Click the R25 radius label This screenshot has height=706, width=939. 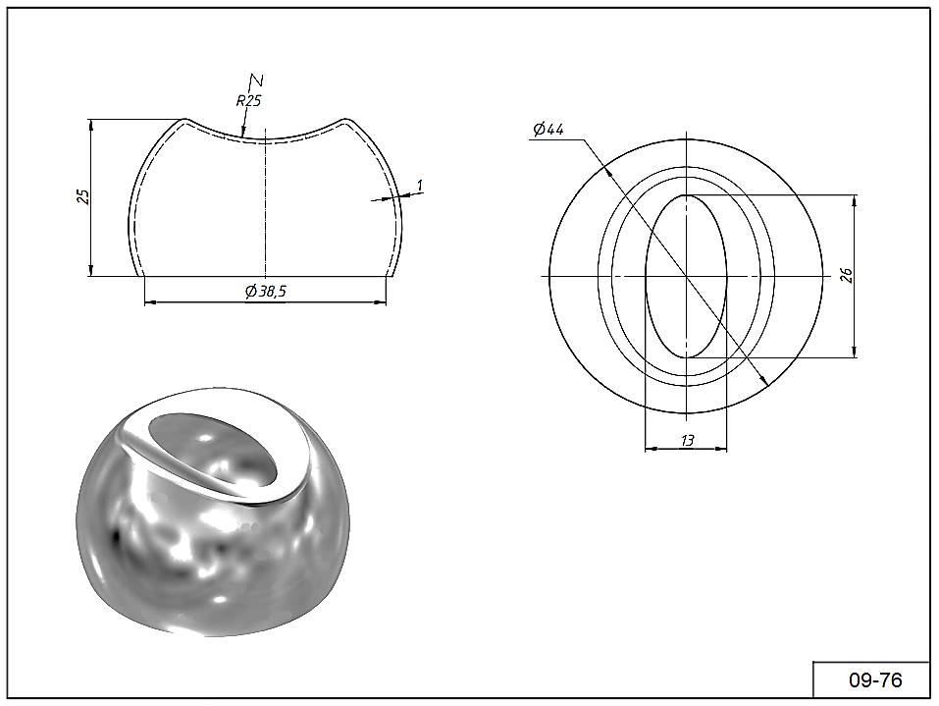click(248, 101)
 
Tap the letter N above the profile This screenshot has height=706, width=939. click(256, 80)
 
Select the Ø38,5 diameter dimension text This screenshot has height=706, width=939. click(266, 292)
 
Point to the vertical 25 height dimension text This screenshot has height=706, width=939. click(84, 196)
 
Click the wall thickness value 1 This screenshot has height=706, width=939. click(420, 186)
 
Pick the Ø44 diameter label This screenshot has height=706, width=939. click(548, 129)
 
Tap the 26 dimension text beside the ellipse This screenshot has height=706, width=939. click(846, 275)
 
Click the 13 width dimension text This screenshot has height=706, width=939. click(687, 441)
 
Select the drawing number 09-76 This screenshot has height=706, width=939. click(875, 680)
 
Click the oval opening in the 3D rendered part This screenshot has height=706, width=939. click(213, 450)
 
